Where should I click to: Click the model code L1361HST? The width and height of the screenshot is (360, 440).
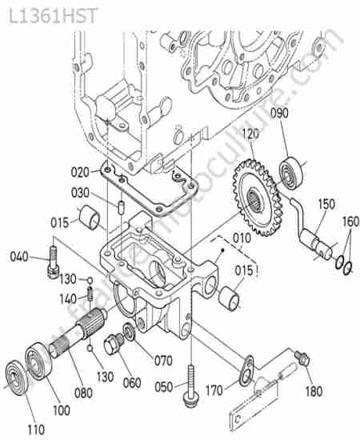pos(53,16)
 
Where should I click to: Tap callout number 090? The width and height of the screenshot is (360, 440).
pos(279,113)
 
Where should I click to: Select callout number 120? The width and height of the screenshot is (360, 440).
pos(250,134)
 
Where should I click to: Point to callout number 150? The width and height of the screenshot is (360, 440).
pos(326,204)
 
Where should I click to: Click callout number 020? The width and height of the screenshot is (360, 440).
pos(80,172)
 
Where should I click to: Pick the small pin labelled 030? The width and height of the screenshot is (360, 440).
pos(121,207)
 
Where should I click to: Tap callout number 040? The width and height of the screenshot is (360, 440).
pos(19,257)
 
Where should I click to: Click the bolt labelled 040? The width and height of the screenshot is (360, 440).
pos(54,262)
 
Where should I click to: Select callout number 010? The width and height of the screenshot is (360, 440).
pos(242,238)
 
